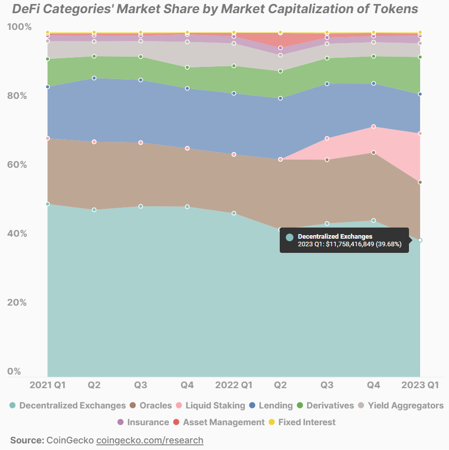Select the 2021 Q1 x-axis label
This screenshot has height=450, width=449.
click(48, 385)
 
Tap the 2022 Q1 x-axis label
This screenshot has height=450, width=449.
click(234, 385)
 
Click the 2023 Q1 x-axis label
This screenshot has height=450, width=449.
click(420, 385)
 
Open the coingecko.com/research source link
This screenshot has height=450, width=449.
click(149, 440)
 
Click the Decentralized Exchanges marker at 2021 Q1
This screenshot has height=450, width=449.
click(48, 204)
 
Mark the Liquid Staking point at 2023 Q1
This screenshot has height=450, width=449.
click(420, 134)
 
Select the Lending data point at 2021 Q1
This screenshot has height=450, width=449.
click(48, 87)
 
